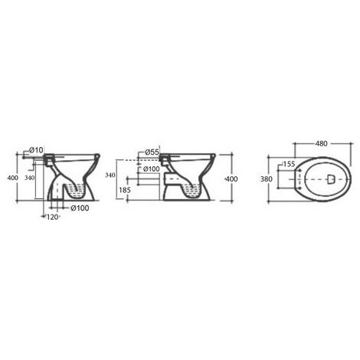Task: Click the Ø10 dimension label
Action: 36,150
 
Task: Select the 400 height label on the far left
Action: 12,178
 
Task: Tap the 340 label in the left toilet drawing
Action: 29,178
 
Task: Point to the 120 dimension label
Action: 52,218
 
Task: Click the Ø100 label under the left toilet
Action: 80,208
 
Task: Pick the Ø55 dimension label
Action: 152,152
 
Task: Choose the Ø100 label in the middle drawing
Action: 151,169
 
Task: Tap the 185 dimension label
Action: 125,190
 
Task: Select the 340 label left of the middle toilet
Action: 110,175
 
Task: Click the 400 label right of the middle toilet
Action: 232,179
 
